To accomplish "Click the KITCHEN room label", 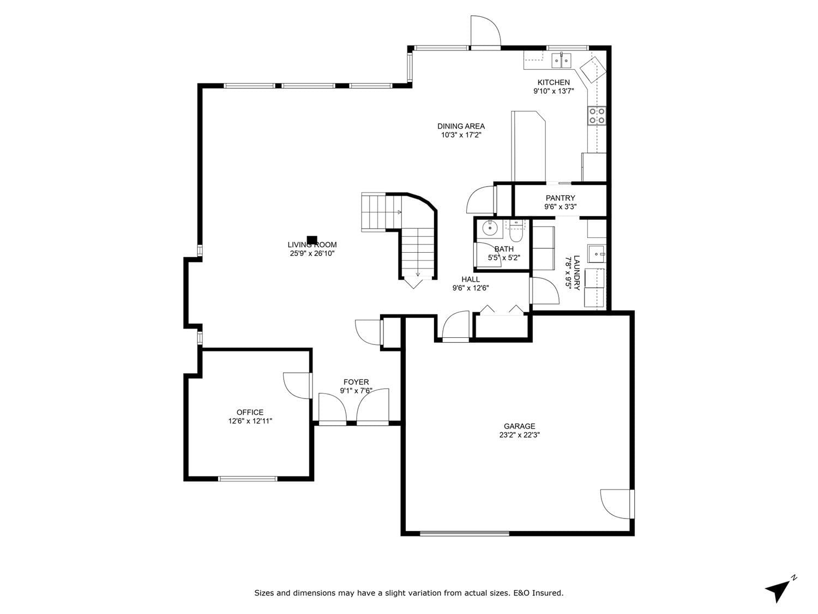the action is pos(553,82).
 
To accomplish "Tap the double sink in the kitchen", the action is pos(561,61).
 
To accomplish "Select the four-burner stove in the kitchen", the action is pos(596,115).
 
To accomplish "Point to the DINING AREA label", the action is pos(461,126).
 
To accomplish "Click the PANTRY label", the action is pos(560,198).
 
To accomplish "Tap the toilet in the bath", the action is pos(516,231).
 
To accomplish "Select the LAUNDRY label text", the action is pos(576,272).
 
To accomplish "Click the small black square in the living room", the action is pos(312,240).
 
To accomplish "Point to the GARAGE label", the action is pos(519,426).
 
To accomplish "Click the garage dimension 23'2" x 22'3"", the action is pos(519,434).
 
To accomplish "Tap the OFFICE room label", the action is pos(250,412).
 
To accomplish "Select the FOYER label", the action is pos(356,382).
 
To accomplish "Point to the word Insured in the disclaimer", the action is pos(547,593).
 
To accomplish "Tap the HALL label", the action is pos(470,279).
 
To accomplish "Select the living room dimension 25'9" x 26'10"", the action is pos(312,253).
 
